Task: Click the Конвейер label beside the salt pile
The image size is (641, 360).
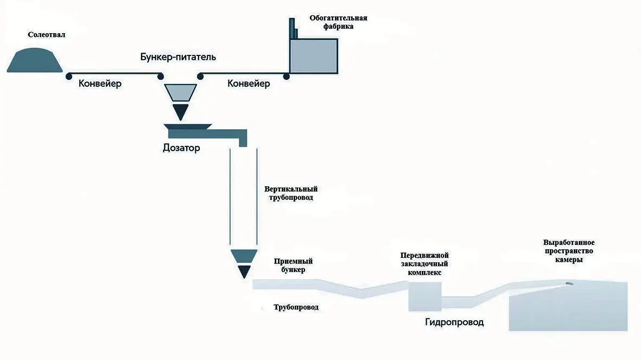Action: click(100, 84)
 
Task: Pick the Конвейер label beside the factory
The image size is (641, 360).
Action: click(249, 84)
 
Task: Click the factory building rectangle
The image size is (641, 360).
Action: click(314, 56)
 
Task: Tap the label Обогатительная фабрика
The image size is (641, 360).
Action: click(338, 22)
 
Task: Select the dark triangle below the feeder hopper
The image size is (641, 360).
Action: click(180, 111)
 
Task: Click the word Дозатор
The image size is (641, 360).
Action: click(181, 148)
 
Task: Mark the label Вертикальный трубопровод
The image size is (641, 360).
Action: click(291, 193)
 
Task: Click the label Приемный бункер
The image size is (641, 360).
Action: click(293, 266)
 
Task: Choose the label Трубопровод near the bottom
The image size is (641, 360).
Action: click(296, 307)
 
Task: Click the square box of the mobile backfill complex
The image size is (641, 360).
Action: click(424, 295)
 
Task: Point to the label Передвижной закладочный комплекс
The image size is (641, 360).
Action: click(424, 264)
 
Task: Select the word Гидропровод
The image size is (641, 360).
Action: click(454, 323)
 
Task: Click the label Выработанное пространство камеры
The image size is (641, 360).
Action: click(569, 251)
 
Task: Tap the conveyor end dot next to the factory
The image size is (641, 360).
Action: click(286, 77)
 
